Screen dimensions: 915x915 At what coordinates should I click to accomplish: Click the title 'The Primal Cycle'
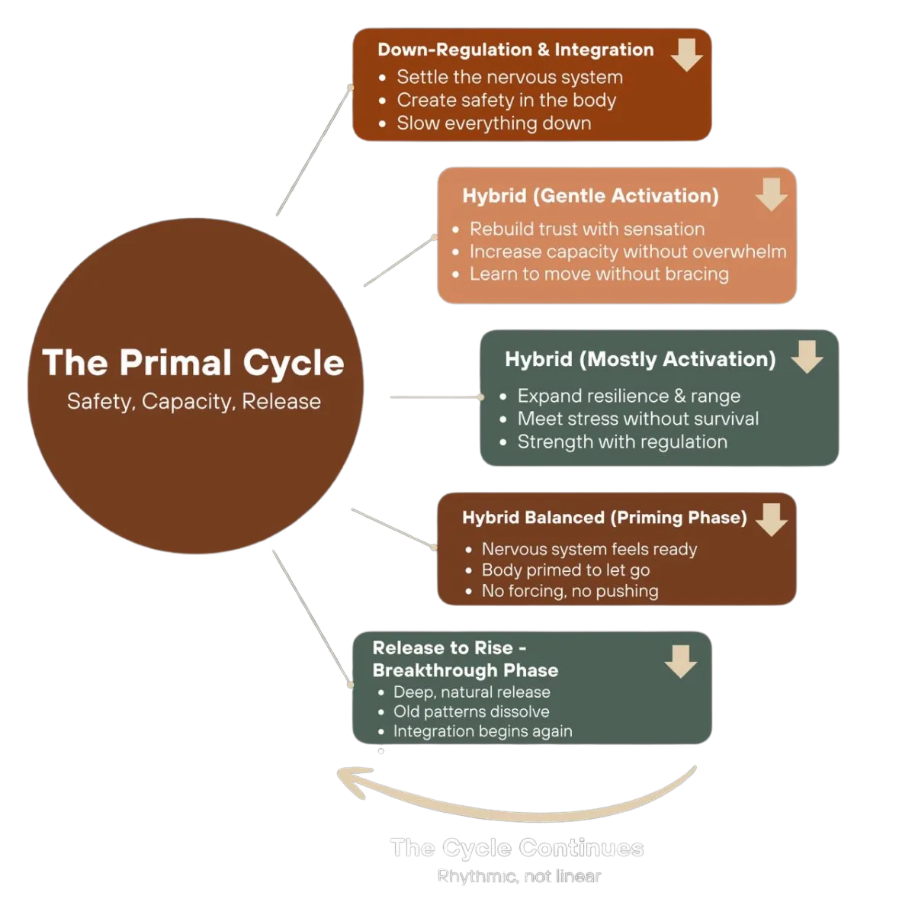194,363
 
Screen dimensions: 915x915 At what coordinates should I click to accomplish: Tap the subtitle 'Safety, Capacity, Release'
194,402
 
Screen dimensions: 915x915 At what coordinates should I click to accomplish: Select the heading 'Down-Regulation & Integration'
515,50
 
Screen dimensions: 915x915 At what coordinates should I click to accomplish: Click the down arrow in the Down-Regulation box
686,55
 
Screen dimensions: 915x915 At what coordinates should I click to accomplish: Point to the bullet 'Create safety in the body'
506,100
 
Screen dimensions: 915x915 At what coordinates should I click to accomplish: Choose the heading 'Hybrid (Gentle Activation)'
590,196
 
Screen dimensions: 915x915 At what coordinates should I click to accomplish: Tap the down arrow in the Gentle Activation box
771,194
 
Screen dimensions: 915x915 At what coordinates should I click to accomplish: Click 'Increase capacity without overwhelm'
628,252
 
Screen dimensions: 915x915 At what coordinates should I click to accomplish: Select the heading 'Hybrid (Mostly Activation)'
640,359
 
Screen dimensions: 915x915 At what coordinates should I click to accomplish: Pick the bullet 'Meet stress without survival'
637,419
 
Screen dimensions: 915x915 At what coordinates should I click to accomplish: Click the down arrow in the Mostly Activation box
807,356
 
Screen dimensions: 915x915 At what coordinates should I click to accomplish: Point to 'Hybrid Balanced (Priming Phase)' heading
604,518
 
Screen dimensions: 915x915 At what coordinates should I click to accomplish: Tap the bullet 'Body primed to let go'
565,570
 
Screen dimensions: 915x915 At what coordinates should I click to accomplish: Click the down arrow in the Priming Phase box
771,519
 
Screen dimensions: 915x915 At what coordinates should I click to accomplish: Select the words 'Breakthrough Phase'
465,670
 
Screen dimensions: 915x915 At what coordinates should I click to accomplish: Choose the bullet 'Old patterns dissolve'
470,711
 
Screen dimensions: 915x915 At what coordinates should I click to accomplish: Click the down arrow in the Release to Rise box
680,661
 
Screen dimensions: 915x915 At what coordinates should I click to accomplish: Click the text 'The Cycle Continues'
518,848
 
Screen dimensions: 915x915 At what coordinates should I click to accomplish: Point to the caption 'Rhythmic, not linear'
519,876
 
